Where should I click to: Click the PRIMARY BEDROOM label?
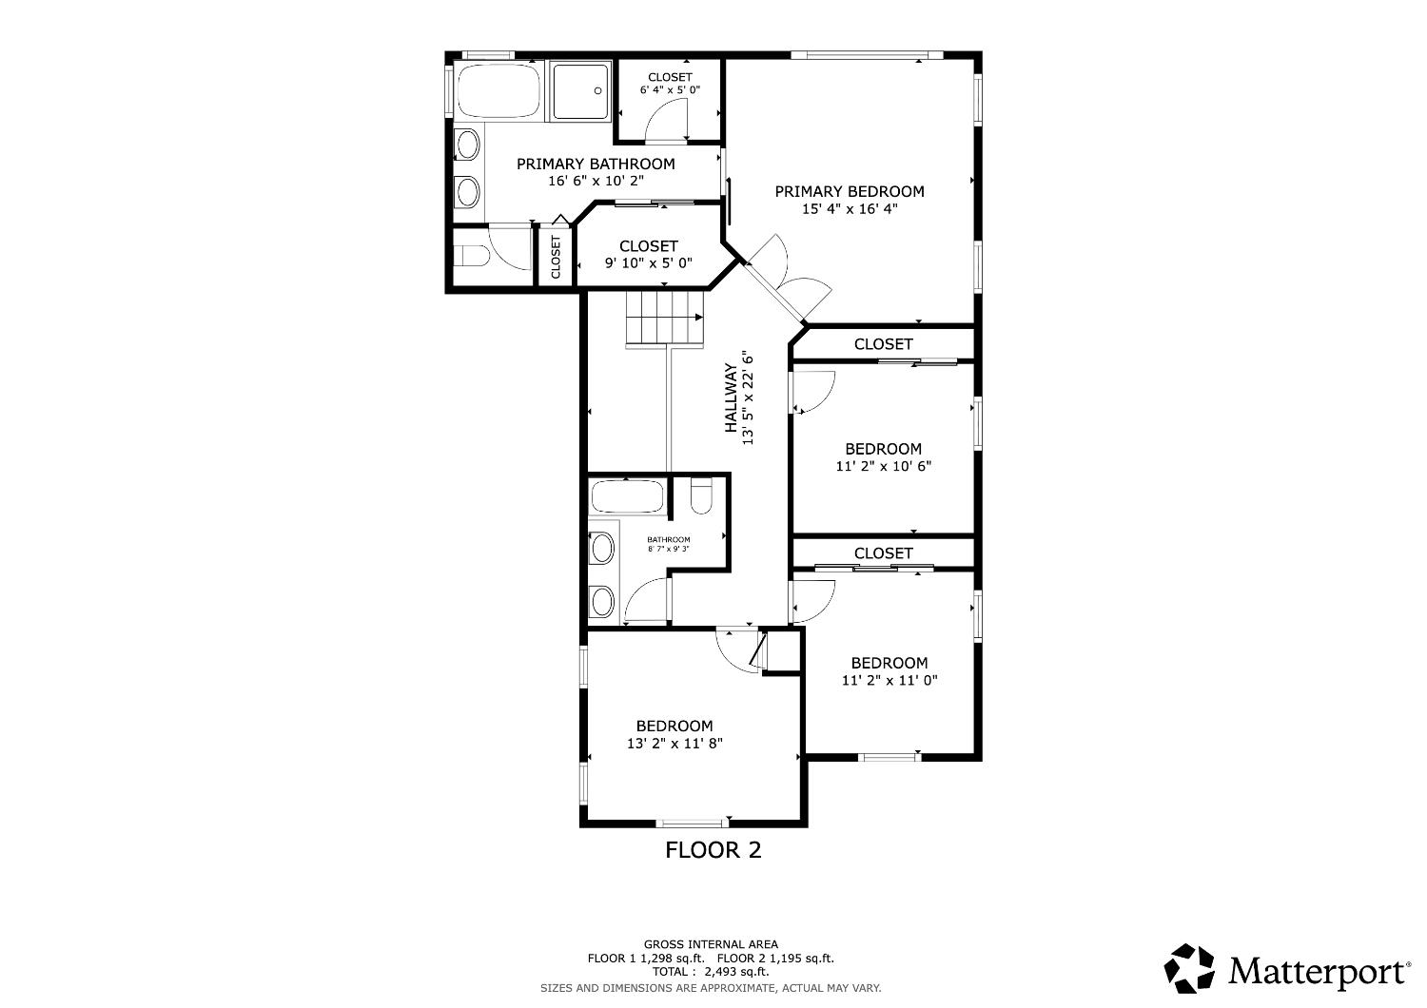(850, 191)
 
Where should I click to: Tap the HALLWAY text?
(731, 397)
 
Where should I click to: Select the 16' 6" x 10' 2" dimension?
(596, 181)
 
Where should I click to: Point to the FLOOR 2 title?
(713, 849)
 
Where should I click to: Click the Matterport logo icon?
(1189, 968)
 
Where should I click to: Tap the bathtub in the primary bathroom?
(498, 90)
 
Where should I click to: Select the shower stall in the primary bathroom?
(580, 91)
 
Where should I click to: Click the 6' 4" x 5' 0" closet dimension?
(670, 89)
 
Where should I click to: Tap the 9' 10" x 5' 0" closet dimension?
(649, 263)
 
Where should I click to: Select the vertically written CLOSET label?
(556, 257)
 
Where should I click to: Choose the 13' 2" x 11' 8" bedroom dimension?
(674, 743)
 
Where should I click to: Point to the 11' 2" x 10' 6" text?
(883, 466)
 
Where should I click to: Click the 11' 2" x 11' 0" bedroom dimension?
(889, 680)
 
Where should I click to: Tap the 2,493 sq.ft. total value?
(736, 972)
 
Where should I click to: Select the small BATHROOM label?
(668, 539)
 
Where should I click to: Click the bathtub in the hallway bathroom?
(628, 496)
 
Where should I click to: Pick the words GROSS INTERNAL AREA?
(711, 944)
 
